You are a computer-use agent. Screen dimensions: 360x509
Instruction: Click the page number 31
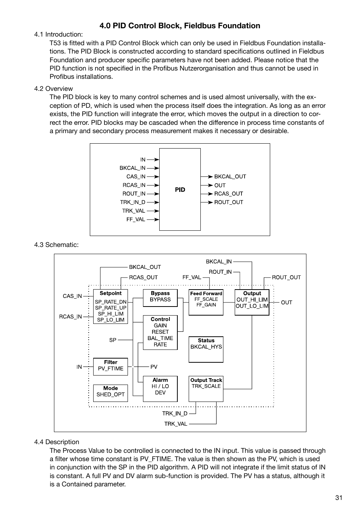coord(338,498)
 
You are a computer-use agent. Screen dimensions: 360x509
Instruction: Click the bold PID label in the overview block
coord(180,190)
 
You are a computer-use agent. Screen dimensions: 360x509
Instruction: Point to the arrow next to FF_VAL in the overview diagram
coord(153,219)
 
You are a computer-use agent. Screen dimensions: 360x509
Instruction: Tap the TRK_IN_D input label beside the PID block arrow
coord(132,202)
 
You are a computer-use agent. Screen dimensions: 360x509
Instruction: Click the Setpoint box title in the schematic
coord(111,293)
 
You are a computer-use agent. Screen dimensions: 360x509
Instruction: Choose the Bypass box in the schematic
coord(160,298)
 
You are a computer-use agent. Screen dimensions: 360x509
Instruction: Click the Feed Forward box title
coord(206,293)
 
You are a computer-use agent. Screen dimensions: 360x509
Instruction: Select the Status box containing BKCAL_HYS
coord(206,350)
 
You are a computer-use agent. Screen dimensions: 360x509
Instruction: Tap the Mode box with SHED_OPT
coord(111,393)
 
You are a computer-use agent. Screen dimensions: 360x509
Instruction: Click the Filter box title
coord(111,362)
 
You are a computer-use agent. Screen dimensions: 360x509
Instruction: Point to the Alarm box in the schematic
coord(160,389)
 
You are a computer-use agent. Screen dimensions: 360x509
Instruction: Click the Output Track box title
coord(206,380)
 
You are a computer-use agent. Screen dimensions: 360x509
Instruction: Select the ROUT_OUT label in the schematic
coord(286,277)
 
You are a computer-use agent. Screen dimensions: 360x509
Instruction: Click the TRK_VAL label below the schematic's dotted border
coord(176,424)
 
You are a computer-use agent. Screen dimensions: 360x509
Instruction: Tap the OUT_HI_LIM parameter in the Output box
coord(252,300)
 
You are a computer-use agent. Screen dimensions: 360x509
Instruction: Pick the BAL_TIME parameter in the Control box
coord(160,338)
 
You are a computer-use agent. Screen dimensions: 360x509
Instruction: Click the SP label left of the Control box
coord(113,340)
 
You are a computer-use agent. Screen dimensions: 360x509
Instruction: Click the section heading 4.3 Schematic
coord(56,245)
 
